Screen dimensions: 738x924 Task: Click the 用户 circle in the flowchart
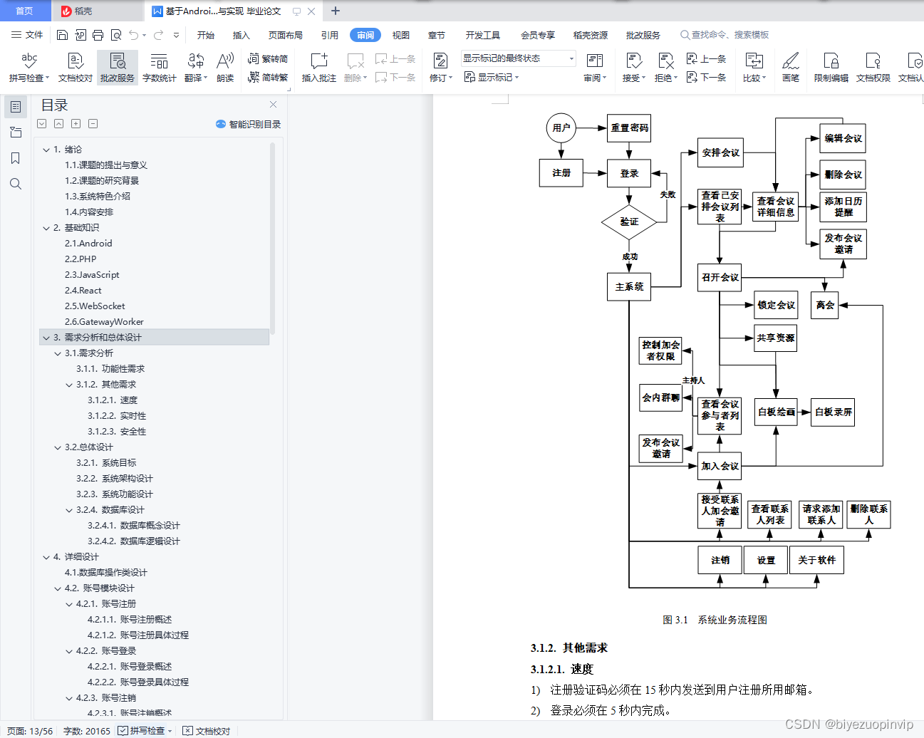click(561, 128)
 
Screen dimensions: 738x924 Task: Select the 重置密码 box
click(629, 128)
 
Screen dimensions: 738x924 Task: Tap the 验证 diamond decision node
click(628, 222)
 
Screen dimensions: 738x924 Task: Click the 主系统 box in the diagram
click(629, 286)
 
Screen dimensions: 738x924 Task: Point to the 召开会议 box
click(720, 277)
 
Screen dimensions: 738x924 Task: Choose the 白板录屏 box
click(833, 412)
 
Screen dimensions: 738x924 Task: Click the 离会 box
click(825, 305)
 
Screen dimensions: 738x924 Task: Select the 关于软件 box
click(816, 560)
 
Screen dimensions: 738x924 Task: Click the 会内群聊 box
click(660, 397)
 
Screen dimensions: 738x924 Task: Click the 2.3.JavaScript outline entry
click(92, 275)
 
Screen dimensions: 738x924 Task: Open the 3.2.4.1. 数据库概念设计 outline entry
click(133, 526)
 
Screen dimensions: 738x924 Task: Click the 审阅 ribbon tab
click(365, 35)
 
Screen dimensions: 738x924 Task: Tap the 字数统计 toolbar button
click(159, 67)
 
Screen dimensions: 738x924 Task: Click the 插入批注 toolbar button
click(318, 67)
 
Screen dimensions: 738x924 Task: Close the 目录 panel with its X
click(273, 105)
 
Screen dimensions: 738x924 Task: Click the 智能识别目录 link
click(249, 124)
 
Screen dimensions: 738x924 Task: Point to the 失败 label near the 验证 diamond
click(668, 194)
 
